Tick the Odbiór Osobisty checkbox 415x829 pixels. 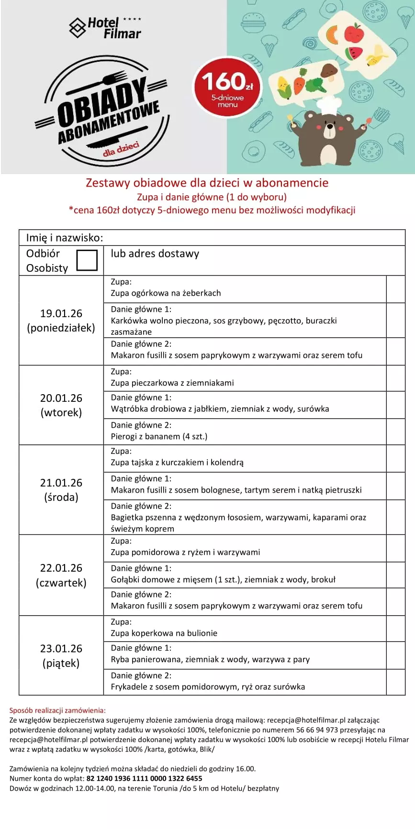point(87,260)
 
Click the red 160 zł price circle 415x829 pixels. point(227,87)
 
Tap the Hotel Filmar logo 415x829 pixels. point(106,28)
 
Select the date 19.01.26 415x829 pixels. point(61,313)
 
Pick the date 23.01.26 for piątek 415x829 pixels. point(61,649)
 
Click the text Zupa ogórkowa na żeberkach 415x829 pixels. point(166,293)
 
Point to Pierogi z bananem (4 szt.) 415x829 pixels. point(159,436)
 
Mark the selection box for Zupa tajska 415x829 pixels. point(395,458)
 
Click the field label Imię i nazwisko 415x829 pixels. point(65,238)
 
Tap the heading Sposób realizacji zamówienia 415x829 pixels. point(57,710)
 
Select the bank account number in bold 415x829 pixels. point(144,778)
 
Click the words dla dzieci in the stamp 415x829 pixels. point(121,149)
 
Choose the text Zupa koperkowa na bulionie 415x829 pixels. point(164,633)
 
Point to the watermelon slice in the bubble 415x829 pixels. point(354,53)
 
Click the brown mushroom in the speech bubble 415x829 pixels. point(329,71)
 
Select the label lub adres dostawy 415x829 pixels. point(155,254)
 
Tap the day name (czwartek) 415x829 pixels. point(61,583)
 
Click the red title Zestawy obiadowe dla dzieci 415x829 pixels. point(207,183)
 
